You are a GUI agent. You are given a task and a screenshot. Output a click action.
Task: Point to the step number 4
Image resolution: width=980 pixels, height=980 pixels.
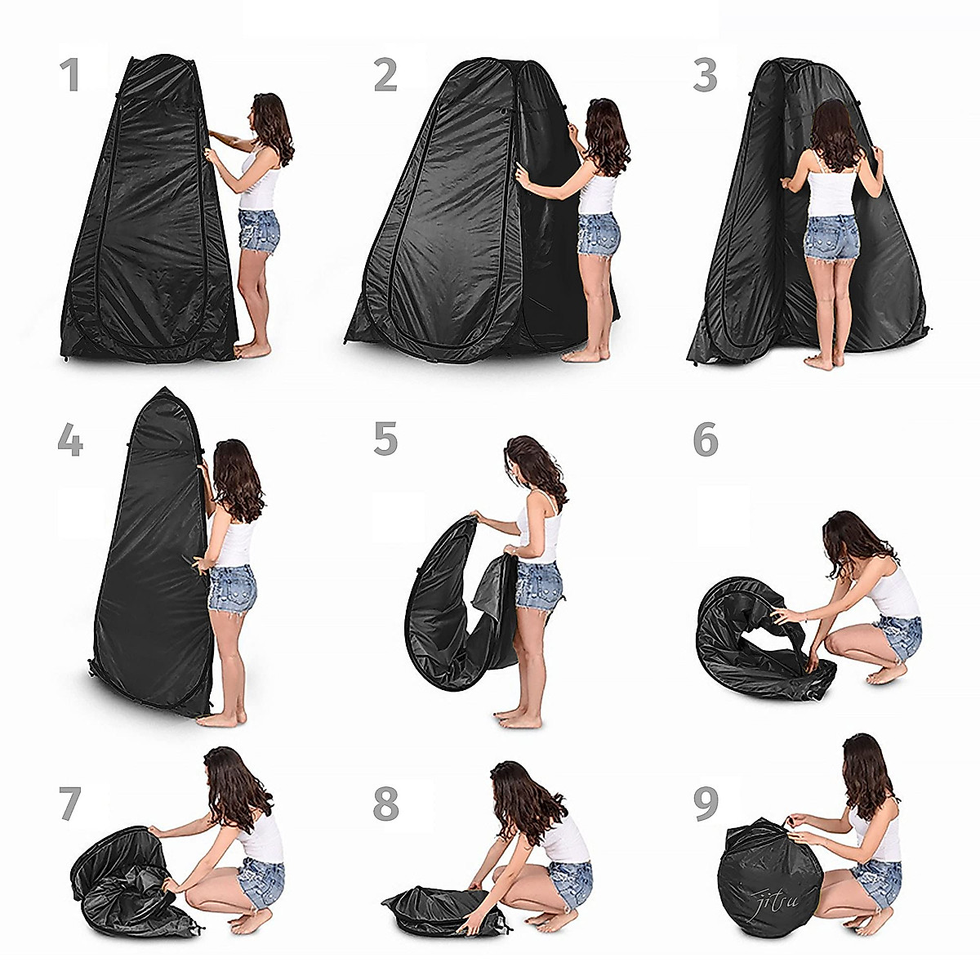point(70,440)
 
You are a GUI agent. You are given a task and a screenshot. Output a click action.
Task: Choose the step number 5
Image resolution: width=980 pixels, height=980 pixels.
point(385,439)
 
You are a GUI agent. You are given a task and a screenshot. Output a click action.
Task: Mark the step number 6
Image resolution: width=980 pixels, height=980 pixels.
point(706,439)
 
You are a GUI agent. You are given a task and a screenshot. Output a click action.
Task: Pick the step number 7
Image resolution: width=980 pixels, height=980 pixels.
point(70,804)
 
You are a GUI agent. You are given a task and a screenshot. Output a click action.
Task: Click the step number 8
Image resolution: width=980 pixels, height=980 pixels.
point(385,804)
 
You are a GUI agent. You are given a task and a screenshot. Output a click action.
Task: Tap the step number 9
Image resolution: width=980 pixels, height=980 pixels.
point(706,804)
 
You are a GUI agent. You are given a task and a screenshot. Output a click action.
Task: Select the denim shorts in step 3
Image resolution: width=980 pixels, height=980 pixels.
point(831,237)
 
